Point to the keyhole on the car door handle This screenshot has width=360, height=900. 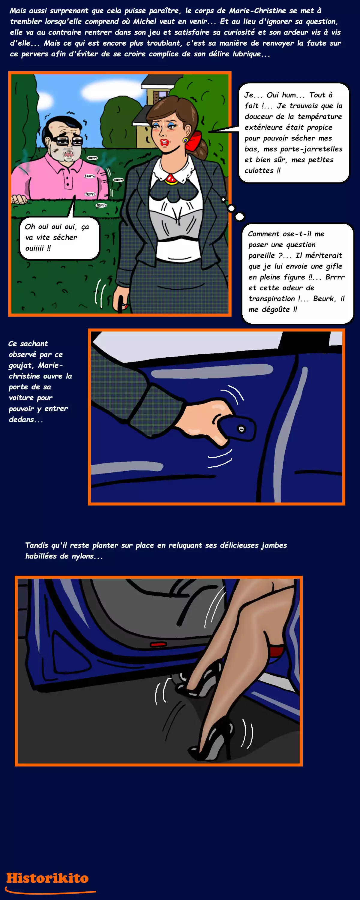click(241, 429)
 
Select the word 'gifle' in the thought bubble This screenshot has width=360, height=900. click(334, 266)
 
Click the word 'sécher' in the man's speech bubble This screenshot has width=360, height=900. click(65, 238)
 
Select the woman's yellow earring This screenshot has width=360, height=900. click(185, 140)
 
